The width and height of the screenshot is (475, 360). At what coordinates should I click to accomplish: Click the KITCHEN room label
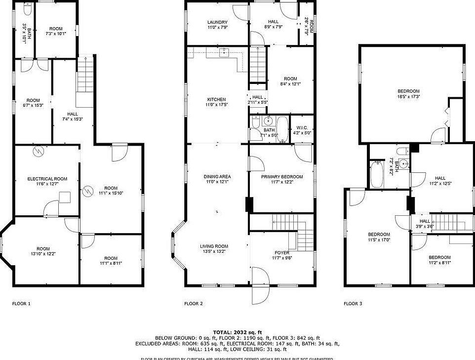point(216,99)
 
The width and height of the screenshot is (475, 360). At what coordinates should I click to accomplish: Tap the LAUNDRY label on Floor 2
point(217,22)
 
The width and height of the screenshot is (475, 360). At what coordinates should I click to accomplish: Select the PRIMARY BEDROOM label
point(282,176)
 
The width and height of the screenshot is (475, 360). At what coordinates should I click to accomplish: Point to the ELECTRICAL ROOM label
point(47,179)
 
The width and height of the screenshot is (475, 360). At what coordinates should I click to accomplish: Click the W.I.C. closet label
point(302,127)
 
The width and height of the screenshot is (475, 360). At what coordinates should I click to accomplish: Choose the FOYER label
point(282,252)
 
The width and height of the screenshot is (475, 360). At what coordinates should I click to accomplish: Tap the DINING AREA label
point(217,176)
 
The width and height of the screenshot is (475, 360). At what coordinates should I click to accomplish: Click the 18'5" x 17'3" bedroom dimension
point(409,97)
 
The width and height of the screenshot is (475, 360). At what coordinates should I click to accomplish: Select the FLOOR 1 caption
point(21,304)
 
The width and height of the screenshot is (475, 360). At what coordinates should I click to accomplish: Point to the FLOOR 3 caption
point(353,304)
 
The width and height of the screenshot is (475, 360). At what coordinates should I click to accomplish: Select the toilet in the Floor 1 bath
point(28,9)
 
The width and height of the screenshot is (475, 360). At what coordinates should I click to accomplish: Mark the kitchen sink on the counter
point(225,51)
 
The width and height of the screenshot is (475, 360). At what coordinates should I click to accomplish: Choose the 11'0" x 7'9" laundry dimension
point(217,28)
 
